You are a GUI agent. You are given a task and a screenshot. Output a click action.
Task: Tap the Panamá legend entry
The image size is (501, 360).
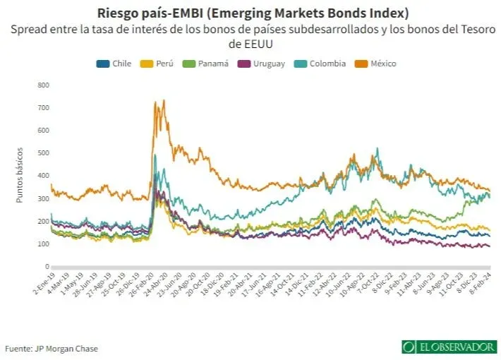pos(207,64)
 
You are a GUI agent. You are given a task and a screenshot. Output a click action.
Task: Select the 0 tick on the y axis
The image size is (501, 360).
pos(47,266)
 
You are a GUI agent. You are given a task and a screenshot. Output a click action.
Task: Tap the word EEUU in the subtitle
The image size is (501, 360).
pos(250,43)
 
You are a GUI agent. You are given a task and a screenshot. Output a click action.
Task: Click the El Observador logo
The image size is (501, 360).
pos(449,347)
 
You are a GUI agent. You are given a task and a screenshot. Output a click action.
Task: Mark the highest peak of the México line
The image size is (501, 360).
pos(164,100)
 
